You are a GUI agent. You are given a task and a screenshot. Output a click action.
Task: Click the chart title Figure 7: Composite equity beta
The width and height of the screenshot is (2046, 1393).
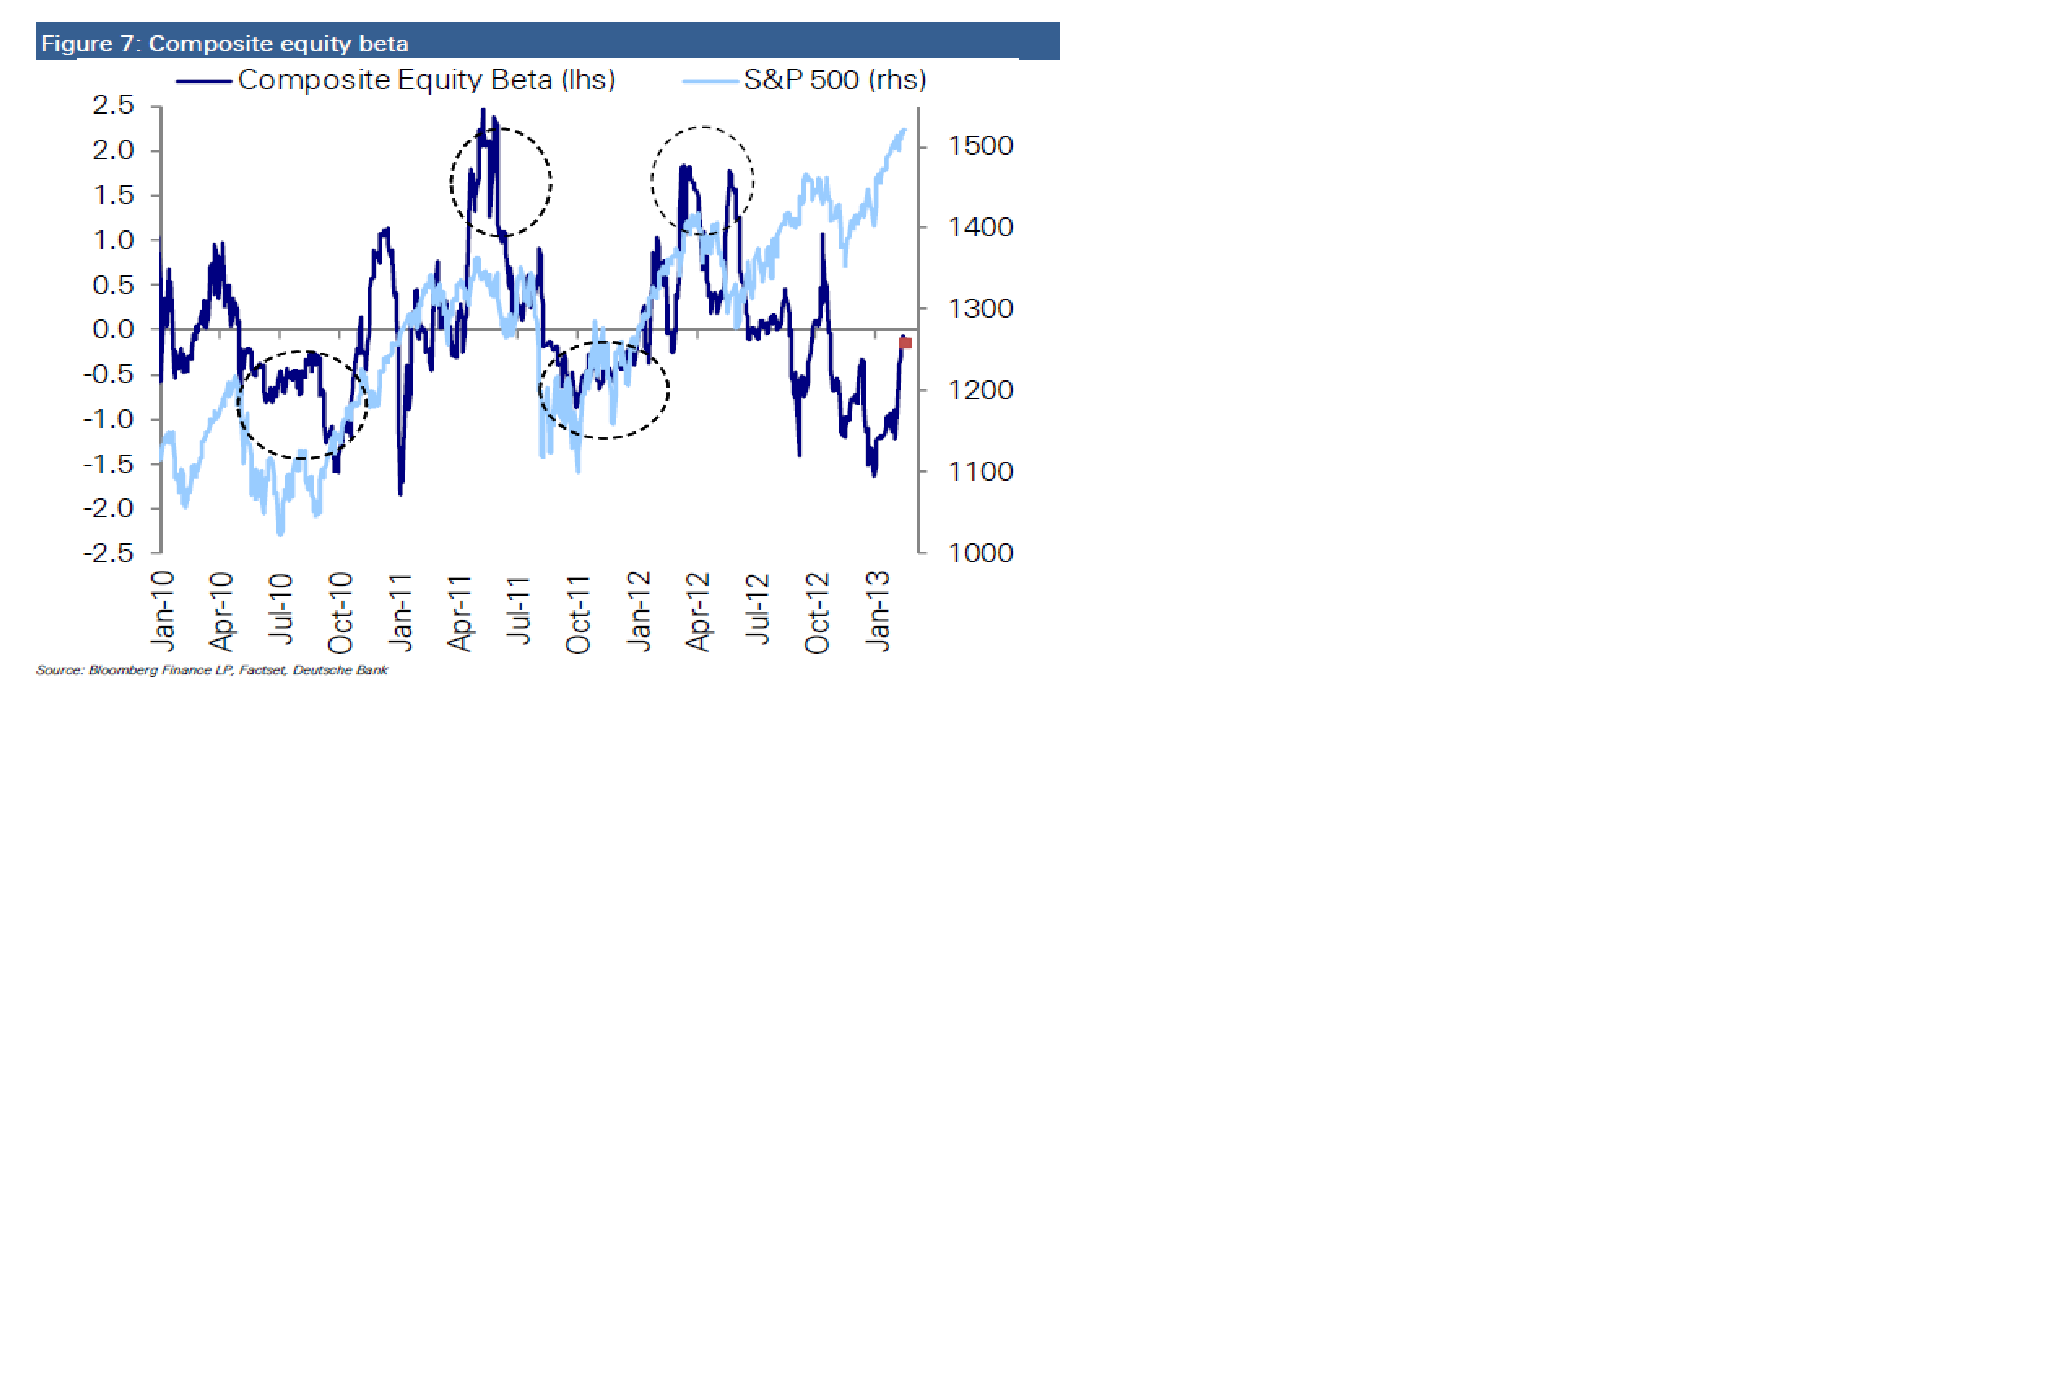224,43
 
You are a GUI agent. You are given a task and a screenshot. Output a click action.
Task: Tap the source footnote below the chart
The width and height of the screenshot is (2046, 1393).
211,670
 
